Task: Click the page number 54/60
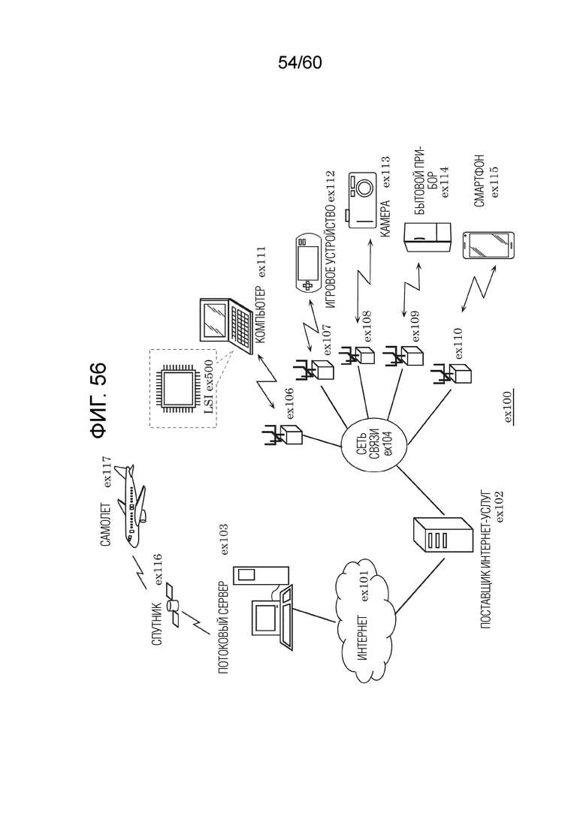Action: (x=300, y=63)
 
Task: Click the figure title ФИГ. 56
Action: (x=99, y=400)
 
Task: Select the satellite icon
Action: (x=174, y=603)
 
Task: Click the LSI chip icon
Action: (x=179, y=387)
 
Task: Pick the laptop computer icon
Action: (x=226, y=325)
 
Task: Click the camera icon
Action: (x=361, y=200)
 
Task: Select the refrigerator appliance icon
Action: (x=428, y=239)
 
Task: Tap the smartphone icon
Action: (x=489, y=245)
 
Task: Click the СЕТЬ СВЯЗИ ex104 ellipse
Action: (x=374, y=441)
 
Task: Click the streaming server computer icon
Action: (x=269, y=607)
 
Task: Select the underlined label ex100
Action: (x=509, y=406)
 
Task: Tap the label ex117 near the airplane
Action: (x=107, y=471)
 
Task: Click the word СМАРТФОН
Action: (x=479, y=181)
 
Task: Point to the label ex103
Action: (x=225, y=539)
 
